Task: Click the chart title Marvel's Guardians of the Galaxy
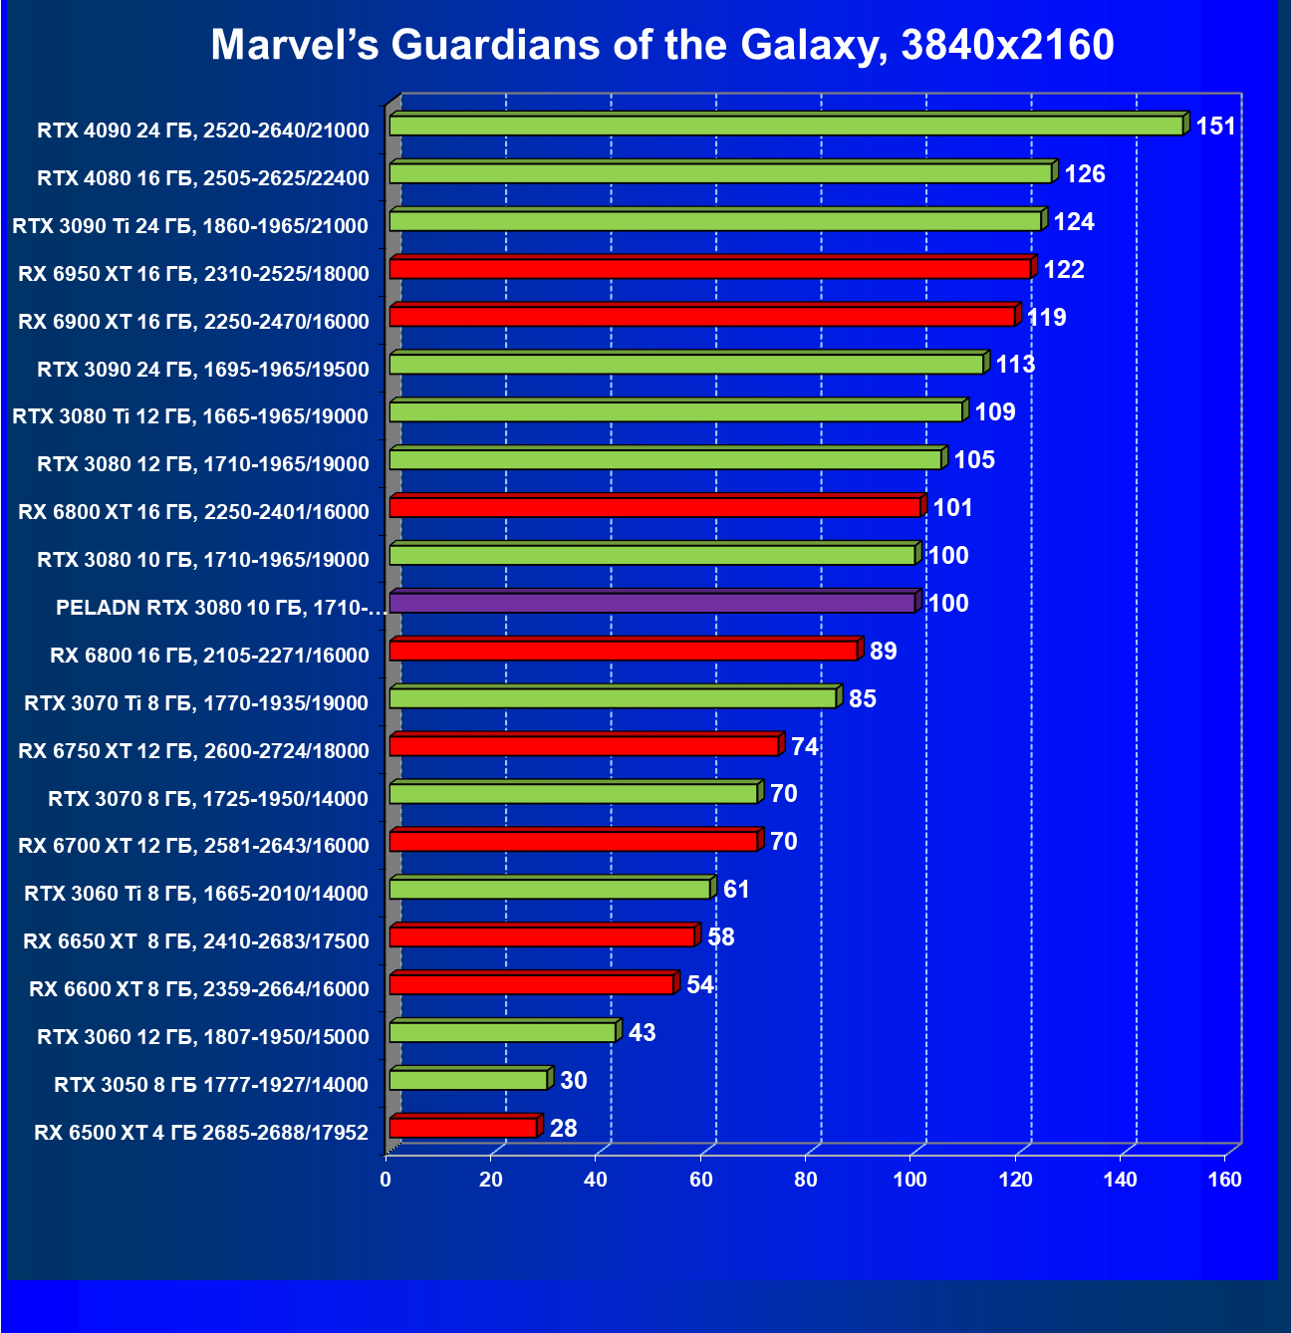pyautogui.click(x=661, y=45)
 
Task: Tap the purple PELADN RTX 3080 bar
pyautogui.click(x=651, y=603)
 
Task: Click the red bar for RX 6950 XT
pyautogui.click(x=709, y=269)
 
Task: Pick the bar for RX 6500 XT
pyautogui.click(x=463, y=1128)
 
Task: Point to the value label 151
pyautogui.click(x=1215, y=127)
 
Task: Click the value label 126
pyautogui.click(x=1085, y=174)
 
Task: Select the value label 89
pyautogui.click(x=883, y=652)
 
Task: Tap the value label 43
pyautogui.click(x=642, y=1033)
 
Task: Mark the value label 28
pyautogui.click(x=563, y=1129)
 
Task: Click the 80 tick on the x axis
pyautogui.click(x=806, y=1181)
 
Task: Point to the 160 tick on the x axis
pyautogui.click(x=1225, y=1181)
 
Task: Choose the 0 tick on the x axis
pyautogui.click(x=386, y=1181)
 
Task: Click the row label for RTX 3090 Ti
pyautogui.click(x=190, y=226)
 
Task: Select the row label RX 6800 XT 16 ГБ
pyautogui.click(x=193, y=512)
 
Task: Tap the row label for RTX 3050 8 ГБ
pyautogui.click(x=211, y=1085)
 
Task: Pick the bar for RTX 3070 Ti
pyautogui.click(x=613, y=698)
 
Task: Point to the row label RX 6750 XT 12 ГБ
pyautogui.click(x=193, y=751)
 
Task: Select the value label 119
pyautogui.click(x=1046, y=318)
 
